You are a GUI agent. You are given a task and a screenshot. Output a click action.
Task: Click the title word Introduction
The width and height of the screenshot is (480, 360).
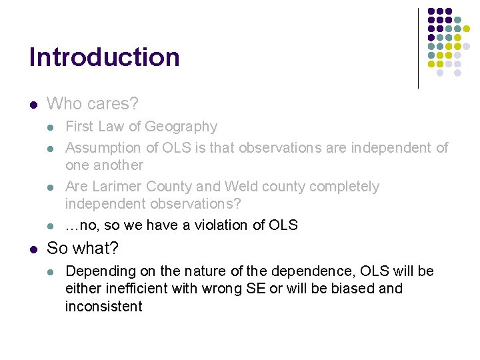point(105,57)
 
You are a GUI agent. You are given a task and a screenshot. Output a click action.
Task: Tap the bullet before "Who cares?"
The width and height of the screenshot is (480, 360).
point(33,105)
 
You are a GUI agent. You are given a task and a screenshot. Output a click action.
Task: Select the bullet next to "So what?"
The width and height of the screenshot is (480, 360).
point(33,249)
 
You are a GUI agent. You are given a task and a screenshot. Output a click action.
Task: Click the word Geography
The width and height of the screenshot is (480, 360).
point(181,127)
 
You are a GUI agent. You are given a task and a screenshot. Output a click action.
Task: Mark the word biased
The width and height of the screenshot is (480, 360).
point(350,289)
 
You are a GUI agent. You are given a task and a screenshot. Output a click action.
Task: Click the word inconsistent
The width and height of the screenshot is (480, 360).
point(103,307)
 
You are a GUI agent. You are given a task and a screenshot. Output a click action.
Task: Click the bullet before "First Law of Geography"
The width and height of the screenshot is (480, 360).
point(53,127)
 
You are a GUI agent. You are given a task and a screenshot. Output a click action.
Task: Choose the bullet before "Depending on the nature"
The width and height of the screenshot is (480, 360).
point(53,272)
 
